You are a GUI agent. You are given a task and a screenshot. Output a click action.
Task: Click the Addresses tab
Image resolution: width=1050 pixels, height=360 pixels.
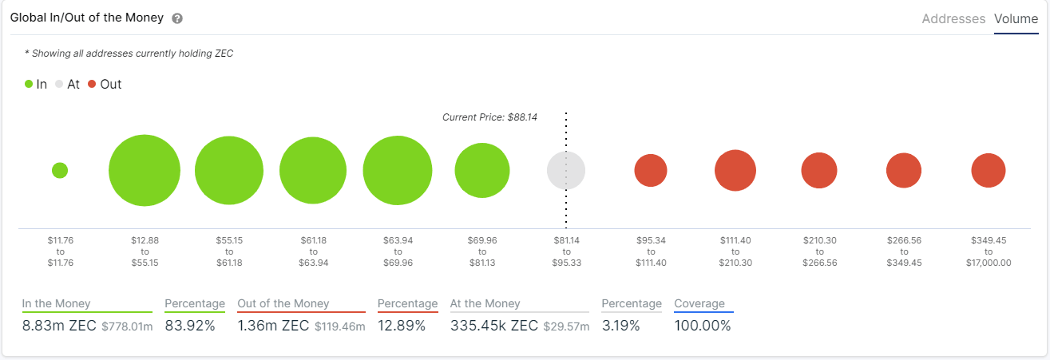[953, 18]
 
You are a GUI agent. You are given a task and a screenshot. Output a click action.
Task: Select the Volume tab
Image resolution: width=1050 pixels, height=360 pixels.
[1016, 18]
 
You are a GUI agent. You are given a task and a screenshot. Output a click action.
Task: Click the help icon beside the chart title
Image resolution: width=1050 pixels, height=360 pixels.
[177, 18]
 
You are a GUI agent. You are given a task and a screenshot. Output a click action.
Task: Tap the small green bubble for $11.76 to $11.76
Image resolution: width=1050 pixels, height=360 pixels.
[60, 170]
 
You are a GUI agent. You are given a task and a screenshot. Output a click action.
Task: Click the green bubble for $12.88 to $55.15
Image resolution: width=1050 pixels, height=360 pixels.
[145, 170]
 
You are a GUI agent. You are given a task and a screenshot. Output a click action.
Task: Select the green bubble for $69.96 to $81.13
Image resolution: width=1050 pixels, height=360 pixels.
[482, 170]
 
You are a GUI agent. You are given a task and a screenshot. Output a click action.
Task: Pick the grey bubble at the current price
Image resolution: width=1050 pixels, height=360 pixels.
[566, 170]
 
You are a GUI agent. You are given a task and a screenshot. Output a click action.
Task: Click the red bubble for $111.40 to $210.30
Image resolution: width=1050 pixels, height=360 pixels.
[735, 170]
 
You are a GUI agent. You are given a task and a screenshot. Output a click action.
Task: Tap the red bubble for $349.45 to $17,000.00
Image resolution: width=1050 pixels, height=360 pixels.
[988, 170]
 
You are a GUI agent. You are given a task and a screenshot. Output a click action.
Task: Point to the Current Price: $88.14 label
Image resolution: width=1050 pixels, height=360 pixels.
[489, 117]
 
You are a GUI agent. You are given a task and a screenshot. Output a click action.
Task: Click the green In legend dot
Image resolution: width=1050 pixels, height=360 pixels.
[29, 84]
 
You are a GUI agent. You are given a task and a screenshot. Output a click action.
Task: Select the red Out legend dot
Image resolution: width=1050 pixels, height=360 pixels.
[92, 84]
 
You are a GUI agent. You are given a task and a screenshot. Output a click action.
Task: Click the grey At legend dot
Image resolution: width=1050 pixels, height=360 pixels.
[59, 84]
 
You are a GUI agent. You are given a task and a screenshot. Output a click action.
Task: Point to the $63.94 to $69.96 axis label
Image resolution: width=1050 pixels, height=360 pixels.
[397, 251]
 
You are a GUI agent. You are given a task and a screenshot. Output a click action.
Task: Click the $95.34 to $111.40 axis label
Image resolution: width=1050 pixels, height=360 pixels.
[651, 251]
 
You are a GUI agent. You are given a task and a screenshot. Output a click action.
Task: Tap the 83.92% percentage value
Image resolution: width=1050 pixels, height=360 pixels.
[189, 325]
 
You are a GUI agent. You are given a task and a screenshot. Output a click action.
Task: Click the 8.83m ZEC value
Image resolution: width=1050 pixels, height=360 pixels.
[59, 325]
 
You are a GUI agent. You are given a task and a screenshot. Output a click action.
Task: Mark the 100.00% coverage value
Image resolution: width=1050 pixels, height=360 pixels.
[702, 325]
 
